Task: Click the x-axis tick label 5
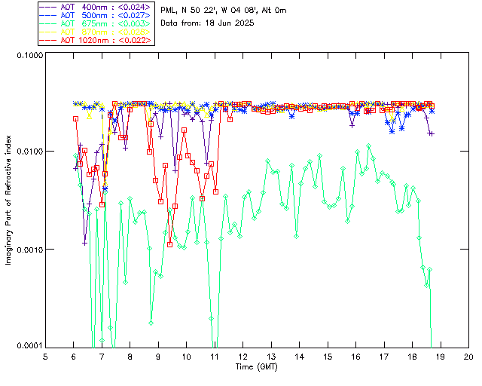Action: click(45, 357)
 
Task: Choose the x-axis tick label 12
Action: click(243, 357)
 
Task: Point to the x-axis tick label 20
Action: click(468, 357)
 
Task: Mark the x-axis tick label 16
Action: click(356, 357)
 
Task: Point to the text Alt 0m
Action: click(270, 9)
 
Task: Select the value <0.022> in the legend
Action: click(137, 40)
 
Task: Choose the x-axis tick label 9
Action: click(158, 357)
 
